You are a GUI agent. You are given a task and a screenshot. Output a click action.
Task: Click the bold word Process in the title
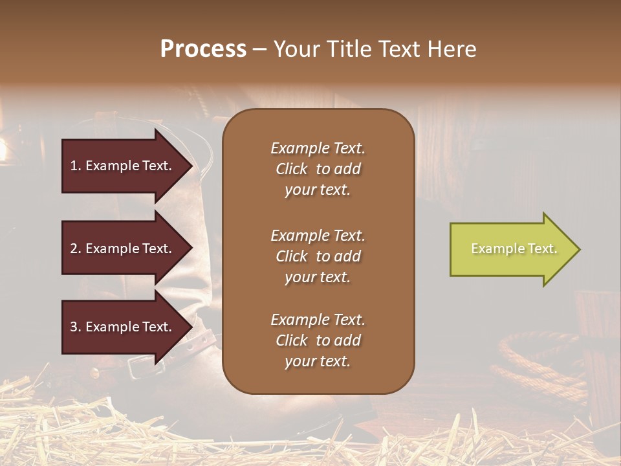[x=203, y=49]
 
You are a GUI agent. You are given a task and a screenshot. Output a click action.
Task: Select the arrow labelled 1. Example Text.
[x=123, y=166]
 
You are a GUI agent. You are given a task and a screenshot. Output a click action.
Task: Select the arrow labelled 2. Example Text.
[x=123, y=249]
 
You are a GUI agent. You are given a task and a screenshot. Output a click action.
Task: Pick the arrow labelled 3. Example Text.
[x=123, y=327]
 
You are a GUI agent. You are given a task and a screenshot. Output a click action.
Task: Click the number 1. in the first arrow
[x=76, y=166]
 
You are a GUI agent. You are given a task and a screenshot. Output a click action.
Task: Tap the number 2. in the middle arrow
[x=76, y=249]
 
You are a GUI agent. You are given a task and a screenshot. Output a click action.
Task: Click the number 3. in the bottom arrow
[x=76, y=327]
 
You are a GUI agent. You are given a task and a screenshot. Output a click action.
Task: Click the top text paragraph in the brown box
[x=318, y=169]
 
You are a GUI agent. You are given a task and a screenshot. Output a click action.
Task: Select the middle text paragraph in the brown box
[x=318, y=256]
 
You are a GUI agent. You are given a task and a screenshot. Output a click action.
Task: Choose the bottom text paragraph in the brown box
[x=318, y=340]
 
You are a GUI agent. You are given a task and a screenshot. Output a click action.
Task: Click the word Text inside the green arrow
[x=542, y=249]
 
